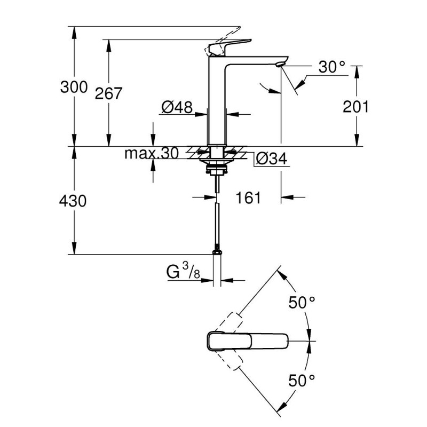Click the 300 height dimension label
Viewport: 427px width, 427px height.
(73, 86)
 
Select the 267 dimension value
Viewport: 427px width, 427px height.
(108, 93)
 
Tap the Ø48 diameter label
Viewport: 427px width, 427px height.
(176, 107)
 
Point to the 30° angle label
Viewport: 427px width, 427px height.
(332, 67)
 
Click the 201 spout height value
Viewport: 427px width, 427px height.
(355, 107)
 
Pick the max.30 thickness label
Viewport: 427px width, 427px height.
(151, 154)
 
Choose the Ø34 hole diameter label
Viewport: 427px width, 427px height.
(272, 159)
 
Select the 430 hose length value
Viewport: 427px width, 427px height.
(73, 201)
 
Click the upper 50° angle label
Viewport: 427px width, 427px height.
(302, 303)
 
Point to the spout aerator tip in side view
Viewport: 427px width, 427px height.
(279, 65)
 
